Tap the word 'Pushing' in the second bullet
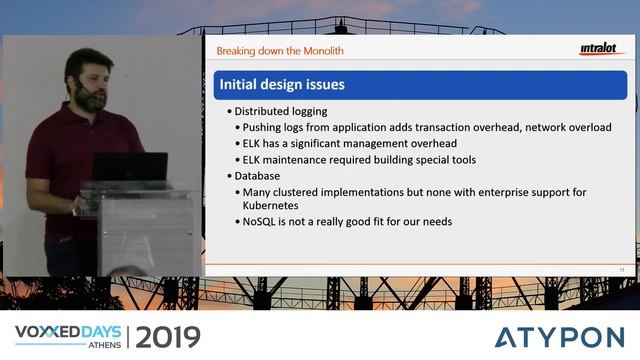[x=263, y=128]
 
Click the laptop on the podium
[x=130, y=167]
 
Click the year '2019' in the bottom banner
[x=167, y=336]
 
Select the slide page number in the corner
[x=621, y=268]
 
